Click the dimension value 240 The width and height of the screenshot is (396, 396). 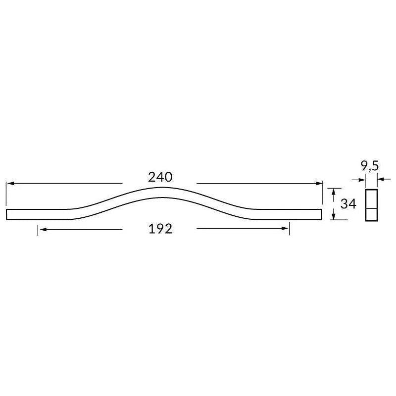tap(160, 177)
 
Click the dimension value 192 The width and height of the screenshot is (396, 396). tap(160, 229)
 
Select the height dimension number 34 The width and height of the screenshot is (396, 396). tap(349, 204)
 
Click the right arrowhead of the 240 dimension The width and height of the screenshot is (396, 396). tap(319, 184)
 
